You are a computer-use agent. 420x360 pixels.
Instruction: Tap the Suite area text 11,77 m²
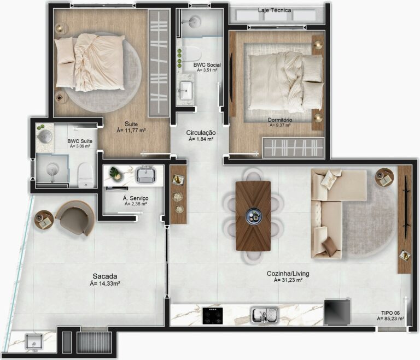coord(131,131)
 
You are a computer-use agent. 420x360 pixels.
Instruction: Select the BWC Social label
coord(207,64)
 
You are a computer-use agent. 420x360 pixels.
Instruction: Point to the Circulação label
coord(201,133)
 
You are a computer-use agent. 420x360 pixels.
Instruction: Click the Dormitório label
coord(279,120)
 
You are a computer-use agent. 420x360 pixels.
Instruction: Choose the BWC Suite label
coord(79,141)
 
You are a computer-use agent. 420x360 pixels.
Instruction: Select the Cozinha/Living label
coord(288,273)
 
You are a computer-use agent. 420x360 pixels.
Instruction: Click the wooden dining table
coord(253,216)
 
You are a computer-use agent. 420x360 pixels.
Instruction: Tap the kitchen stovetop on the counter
coord(213,315)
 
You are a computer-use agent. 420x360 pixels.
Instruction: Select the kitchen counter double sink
coord(265,315)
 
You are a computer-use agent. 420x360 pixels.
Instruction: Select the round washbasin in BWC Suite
coord(44,135)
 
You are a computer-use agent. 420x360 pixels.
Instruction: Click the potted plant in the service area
coord(115,173)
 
